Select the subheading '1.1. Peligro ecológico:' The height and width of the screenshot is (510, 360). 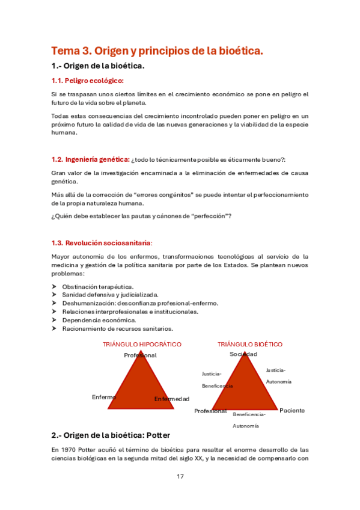point(88,81)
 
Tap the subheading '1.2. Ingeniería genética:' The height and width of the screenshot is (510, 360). point(91,159)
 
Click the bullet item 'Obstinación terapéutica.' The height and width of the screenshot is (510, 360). point(98,287)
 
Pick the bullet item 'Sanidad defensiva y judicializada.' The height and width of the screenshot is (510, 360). point(110,295)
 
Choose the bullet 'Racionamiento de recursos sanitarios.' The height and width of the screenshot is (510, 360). point(117,329)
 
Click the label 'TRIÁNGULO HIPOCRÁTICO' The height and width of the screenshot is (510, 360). point(142,345)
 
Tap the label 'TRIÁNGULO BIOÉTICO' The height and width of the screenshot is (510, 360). point(250,345)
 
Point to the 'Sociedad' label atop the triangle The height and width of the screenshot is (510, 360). point(243,354)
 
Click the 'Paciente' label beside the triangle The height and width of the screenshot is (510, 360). point(292,410)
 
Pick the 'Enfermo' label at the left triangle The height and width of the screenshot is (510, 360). point(104,397)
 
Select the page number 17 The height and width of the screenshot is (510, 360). point(180,476)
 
